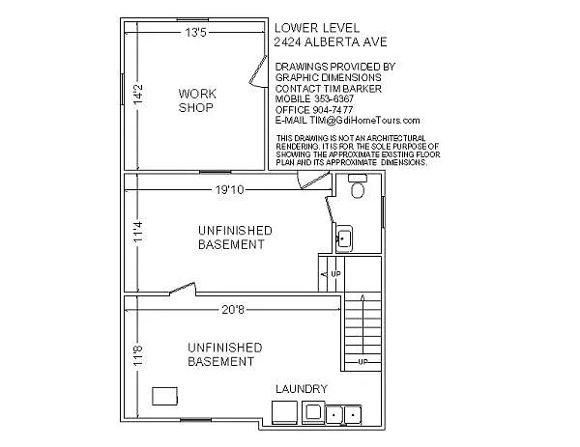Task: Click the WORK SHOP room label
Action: pos(197,100)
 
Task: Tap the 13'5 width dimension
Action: pos(195,33)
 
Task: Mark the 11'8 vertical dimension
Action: pos(138,354)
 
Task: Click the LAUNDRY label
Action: pos(301,389)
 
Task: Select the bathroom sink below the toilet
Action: pos(343,237)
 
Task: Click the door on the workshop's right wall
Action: pos(258,71)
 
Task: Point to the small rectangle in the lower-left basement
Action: pos(165,395)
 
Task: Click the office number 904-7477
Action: pos(333,109)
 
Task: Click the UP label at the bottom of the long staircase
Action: pos(362,362)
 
